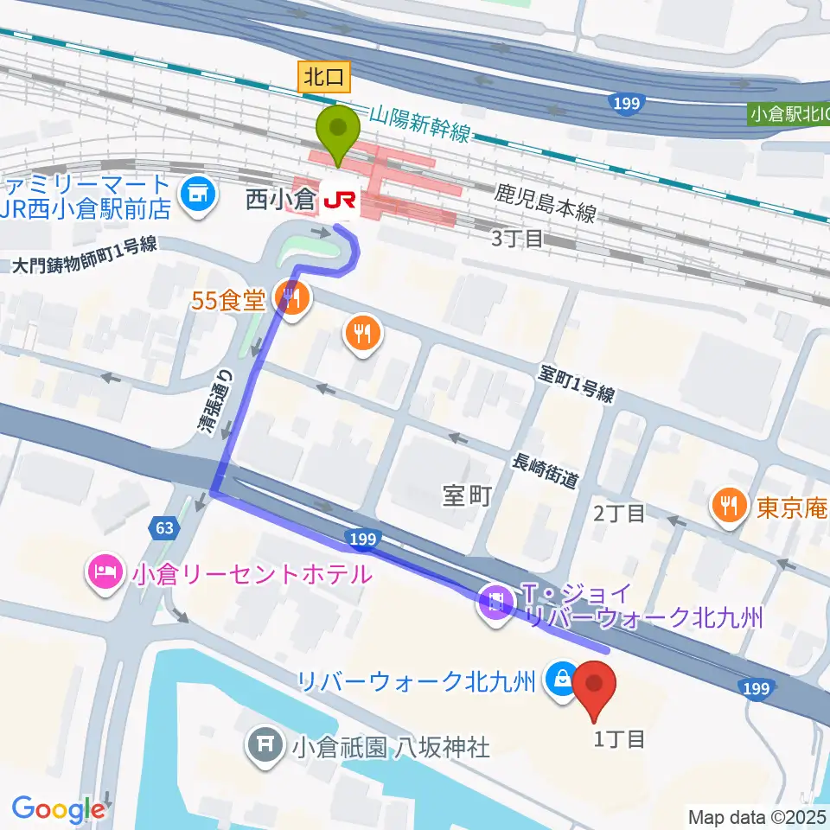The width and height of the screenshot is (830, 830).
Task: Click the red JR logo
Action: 337,201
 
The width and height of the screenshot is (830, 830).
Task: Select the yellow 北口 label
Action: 324,78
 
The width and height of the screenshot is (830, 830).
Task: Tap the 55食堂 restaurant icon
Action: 290,300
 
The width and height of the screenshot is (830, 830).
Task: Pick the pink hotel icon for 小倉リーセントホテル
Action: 103,572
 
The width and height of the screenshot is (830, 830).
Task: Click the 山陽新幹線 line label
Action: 419,122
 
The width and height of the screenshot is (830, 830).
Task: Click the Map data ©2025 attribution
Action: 757,816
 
